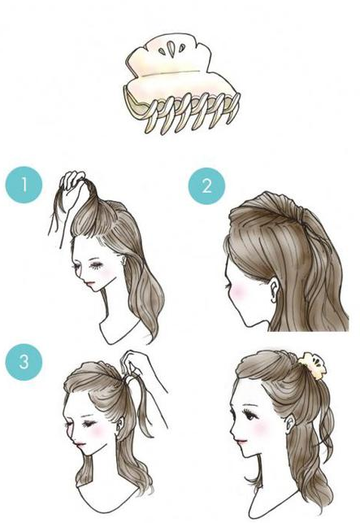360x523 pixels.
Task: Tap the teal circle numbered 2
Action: click(206, 186)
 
